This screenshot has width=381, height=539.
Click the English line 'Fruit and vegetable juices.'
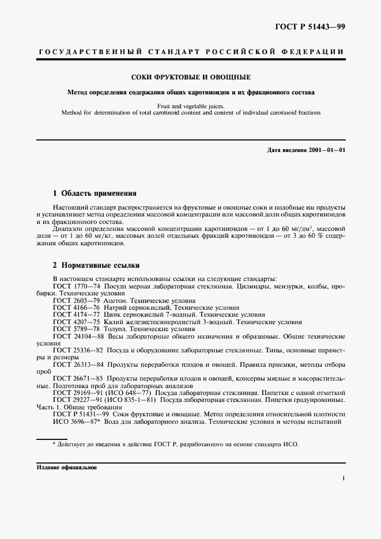pyautogui.click(x=191, y=106)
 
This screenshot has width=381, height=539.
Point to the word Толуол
pyautogui.click(x=116, y=329)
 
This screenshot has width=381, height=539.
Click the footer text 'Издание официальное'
pyautogui.click(x=67, y=468)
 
